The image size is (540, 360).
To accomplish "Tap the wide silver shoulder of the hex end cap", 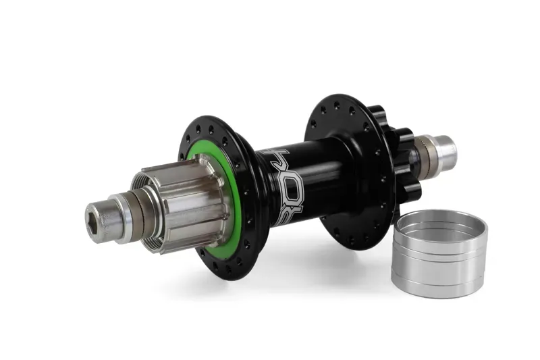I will point(122,216).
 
